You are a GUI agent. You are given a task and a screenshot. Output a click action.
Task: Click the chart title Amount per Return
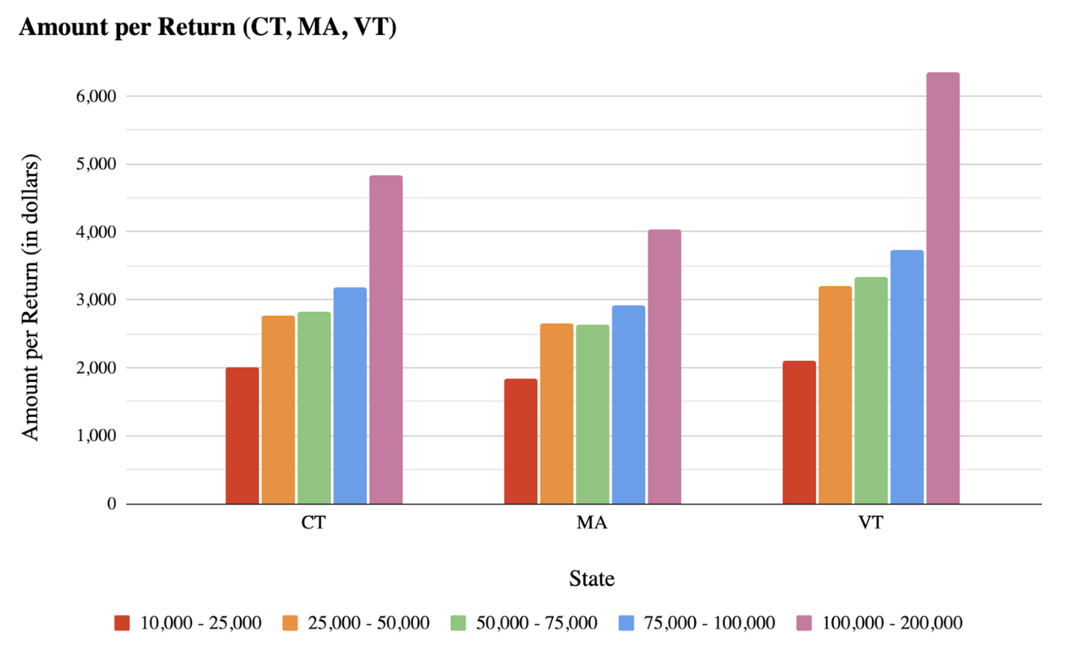[207, 27]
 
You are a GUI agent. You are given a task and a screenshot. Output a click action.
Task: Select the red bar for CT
[242, 436]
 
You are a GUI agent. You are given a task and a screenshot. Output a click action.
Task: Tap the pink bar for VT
[943, 288]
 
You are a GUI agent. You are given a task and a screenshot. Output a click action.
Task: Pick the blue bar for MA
[629, 405]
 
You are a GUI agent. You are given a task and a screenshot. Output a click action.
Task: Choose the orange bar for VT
[835, 395]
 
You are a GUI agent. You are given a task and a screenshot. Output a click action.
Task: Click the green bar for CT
[314, 408]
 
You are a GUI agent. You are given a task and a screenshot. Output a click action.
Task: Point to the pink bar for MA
[665, 367]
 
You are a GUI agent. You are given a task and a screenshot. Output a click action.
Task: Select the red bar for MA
[520, 441]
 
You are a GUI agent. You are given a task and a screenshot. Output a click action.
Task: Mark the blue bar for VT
[907, 377]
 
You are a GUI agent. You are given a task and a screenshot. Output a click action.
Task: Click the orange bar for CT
[278, 410]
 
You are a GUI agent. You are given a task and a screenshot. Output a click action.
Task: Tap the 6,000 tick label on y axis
[96, 96]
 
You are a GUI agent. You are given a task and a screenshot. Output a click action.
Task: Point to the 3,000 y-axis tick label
[96, 300]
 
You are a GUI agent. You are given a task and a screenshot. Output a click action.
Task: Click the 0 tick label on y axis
[112, 503]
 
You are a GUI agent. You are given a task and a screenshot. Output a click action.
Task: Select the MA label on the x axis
[592, 522]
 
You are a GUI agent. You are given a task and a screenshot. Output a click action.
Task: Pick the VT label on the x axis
[870, 522]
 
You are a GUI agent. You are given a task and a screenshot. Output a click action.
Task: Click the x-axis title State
[592, 579]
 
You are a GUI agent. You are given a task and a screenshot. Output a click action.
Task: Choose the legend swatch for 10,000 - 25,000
[122, 622]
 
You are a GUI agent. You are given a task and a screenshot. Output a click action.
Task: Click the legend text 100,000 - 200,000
[891, 622]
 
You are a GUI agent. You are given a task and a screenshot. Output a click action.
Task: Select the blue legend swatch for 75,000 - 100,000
[626, 622]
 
